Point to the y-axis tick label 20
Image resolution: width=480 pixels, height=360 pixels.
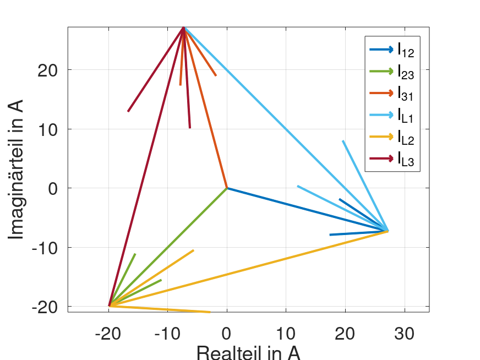(x=51, y=70)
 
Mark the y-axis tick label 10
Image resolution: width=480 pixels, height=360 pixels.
(x=51, y=129)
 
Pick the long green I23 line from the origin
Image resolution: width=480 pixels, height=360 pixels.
(x=168, y=247)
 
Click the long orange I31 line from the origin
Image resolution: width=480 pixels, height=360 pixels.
(x=205, y=108)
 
